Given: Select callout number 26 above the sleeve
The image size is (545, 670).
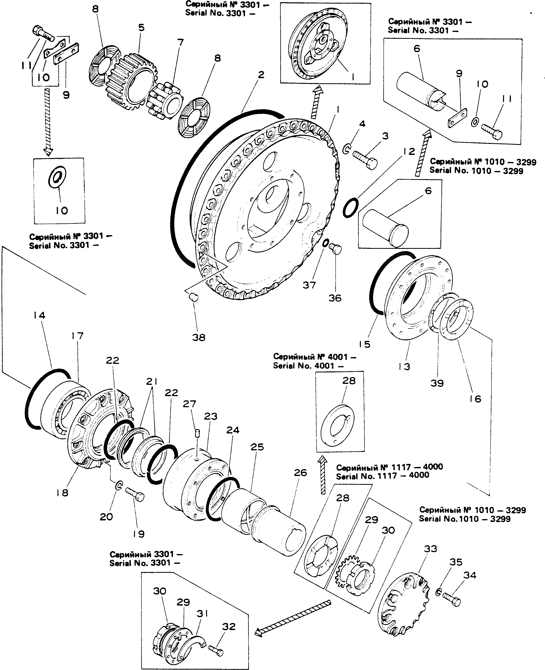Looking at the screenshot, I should click(x=300, y=473).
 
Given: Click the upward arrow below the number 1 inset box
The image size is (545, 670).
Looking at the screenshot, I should click(x=317, y=102).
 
